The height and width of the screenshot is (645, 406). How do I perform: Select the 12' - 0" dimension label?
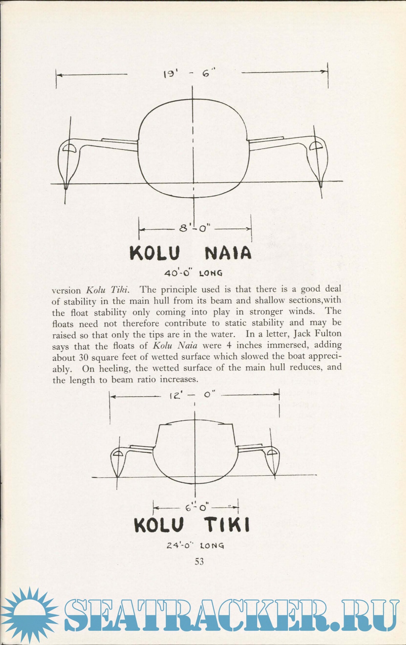192,395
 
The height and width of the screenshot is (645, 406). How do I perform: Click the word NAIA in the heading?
228,253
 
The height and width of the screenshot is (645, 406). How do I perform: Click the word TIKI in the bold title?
227,525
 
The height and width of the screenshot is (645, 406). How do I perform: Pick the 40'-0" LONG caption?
193,273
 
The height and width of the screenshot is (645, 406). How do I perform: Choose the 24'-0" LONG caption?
195,545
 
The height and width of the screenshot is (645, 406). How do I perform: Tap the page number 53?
199,561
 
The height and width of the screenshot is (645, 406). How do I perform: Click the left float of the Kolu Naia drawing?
68,162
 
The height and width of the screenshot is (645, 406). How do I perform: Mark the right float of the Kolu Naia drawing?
317,160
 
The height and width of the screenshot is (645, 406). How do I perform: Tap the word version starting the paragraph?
66,291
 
